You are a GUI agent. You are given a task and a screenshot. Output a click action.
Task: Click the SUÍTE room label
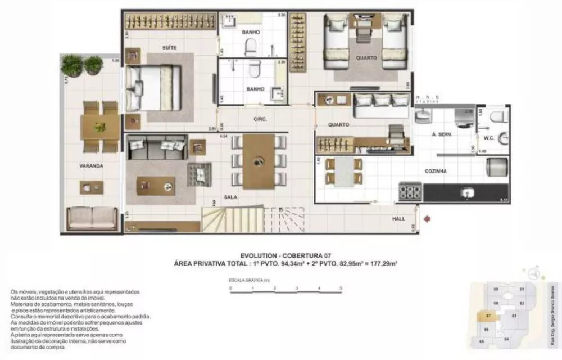(x=169, y=48)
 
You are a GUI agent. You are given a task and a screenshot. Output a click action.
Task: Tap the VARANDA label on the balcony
(x=92, y=166)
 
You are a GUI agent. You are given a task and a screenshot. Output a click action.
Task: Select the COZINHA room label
(x=436, y=172)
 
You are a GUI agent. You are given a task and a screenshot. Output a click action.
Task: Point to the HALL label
(x=400, y=218)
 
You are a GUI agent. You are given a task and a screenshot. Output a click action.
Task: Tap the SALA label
(x=230, y=197)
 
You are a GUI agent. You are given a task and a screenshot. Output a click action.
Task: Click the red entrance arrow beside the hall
(x=428, y=217)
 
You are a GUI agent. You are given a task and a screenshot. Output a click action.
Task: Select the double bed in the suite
(x=153, y=88)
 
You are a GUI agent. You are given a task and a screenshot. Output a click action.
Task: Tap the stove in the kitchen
(x=410, y=191)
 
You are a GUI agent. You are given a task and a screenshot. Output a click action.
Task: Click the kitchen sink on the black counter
(x=466, y=192)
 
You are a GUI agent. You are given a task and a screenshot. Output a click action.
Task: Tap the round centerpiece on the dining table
(x=259, y=160)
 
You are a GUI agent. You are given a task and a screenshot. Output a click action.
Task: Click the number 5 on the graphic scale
(x=341, y=287)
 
